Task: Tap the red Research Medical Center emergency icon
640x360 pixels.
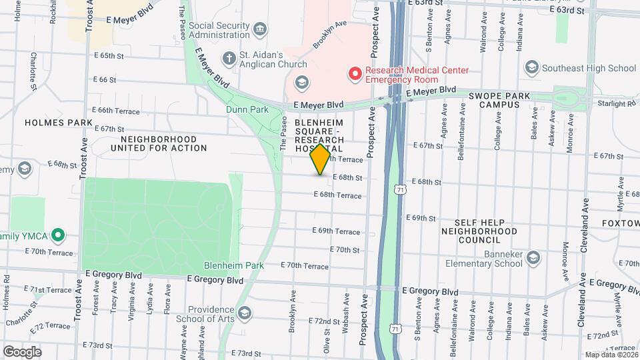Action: [355, 74]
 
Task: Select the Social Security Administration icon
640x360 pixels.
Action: [260, 29]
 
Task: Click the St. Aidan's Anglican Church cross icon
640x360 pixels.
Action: [229, 58]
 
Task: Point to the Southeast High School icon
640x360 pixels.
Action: [531, 67]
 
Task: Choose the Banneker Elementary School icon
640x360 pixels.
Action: [533, 257]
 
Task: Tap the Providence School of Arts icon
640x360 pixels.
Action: [245, 313]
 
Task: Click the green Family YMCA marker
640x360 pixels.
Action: [58, 235]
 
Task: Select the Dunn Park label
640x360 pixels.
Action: [247, 109]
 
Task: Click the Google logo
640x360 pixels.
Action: [22, 351]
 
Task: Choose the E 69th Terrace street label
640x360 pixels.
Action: [336, 231]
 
